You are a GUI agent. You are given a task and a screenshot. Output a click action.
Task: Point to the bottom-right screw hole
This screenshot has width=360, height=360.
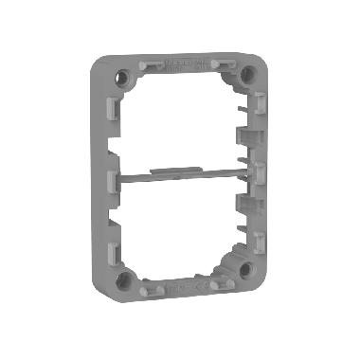(x=245, y=271)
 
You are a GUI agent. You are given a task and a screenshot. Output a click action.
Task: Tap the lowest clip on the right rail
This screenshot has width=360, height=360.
(x=259, y=237)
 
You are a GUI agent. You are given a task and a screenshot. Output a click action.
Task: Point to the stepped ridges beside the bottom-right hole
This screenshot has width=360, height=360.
(x=230, y=261)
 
